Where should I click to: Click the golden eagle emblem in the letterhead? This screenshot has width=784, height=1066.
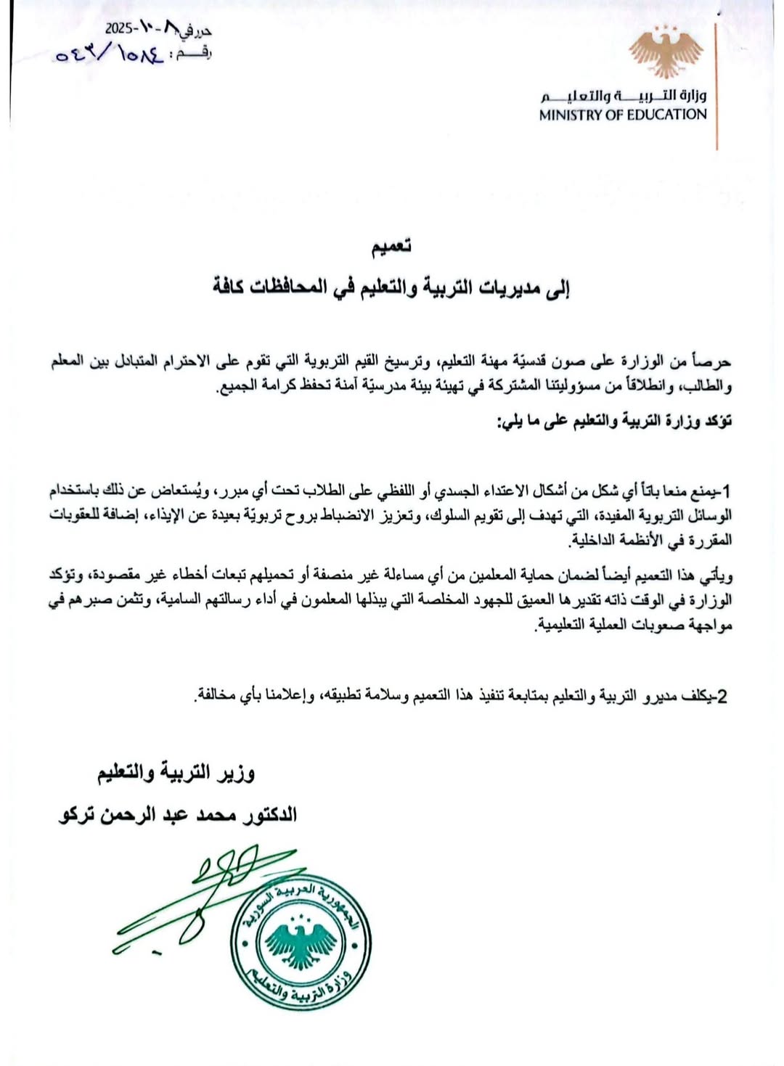click(665, 52)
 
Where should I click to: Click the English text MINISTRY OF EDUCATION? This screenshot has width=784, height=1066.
click(622, 115)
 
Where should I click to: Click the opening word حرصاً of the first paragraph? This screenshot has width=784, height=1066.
click(714, 361)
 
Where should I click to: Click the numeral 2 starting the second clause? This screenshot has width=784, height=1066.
click(722, 697)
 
